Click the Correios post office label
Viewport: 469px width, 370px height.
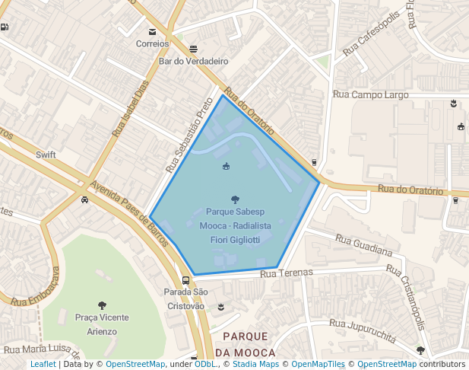(153, 43)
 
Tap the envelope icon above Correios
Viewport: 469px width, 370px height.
(153, 32)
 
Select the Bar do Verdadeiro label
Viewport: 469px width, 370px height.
(194, 61)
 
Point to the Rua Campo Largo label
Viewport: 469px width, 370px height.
(371, 94)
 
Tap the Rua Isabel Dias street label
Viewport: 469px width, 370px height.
(130, 110)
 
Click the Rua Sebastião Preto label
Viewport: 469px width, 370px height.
(189, 133)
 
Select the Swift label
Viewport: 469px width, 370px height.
(46, 155)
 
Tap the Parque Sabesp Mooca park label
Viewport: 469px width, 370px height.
(234, 225)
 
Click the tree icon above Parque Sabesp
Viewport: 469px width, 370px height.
(234, 199)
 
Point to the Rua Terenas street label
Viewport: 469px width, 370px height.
(287, 273)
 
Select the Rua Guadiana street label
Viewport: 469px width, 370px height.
(363, 246)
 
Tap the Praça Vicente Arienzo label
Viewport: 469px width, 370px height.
(102, 324)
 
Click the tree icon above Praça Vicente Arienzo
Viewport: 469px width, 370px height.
(102, 305)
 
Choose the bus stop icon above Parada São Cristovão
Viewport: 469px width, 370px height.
(186, 280)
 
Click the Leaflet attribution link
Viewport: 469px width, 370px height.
(43, 365)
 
